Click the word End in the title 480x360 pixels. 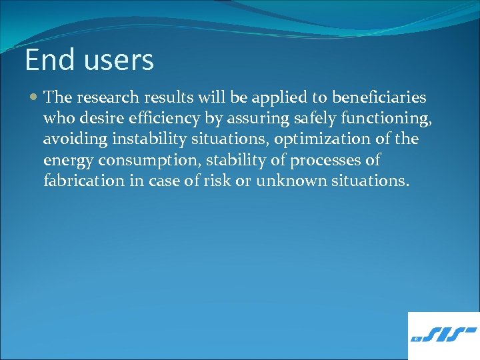(49, 60)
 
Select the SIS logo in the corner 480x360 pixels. (444, 336)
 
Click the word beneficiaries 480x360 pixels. (379, 98)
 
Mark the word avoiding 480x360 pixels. (73, 139)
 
